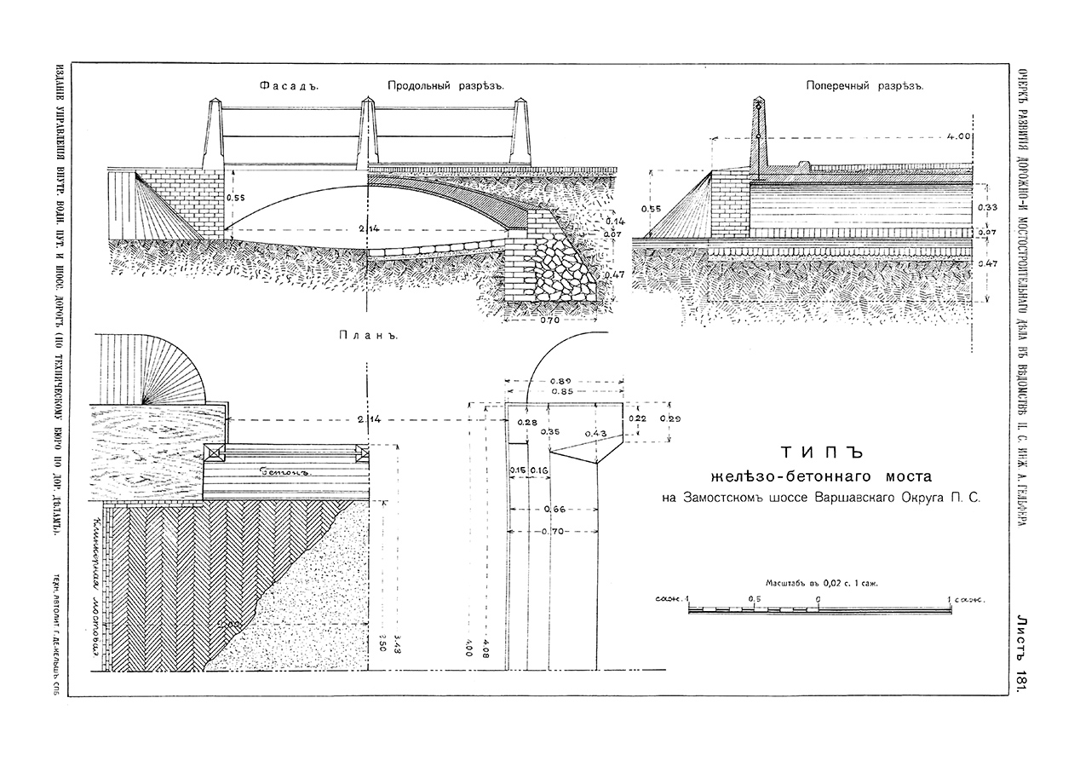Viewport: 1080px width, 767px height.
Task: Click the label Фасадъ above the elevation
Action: pos(281,86)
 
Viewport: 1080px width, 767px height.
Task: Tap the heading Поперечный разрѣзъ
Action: pos(865,86)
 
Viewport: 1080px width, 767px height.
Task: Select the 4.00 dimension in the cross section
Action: pos(959,136)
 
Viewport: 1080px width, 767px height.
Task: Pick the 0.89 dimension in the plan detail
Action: pos(561,380)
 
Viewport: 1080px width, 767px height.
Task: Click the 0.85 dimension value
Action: pos(561,391)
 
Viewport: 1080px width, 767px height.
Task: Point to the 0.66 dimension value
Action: pos(554,510)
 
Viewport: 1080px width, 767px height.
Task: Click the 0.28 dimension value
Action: pos(528,423)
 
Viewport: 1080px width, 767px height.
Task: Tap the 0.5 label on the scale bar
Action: pos(754,599)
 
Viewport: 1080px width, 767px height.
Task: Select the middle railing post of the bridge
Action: pos(367,136)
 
